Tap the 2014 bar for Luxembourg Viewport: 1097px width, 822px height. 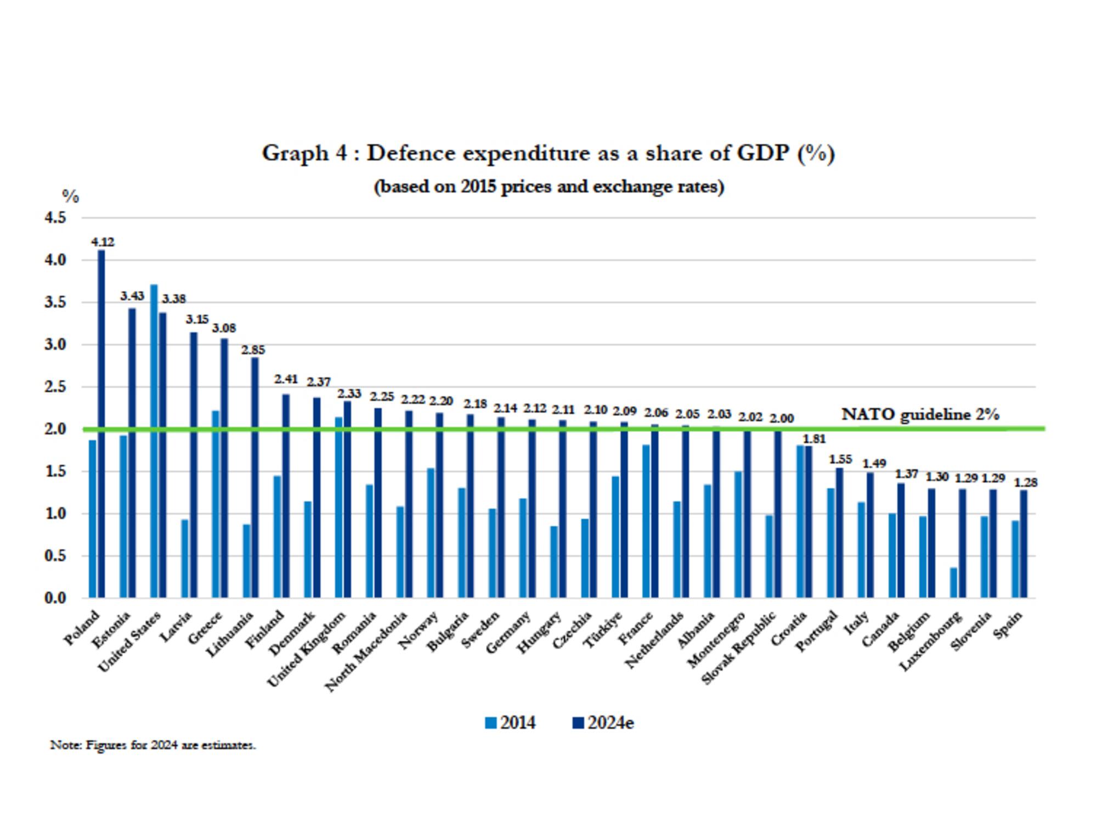954,582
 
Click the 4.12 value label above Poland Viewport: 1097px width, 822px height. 103,241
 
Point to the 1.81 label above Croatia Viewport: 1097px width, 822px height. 814,438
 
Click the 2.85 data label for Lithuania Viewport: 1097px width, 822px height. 253,350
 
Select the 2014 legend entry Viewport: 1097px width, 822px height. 510,723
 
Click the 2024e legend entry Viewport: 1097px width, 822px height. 603,723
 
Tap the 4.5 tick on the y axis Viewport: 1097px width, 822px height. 55,218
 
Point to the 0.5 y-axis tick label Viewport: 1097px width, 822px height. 55,556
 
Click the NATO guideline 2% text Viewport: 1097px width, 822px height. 920,414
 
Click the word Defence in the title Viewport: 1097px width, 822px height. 411,153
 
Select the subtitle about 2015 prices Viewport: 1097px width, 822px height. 548,187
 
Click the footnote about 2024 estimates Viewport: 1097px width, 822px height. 153,745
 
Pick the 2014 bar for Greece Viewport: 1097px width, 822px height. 216,504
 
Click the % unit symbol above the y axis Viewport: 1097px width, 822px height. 70,196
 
